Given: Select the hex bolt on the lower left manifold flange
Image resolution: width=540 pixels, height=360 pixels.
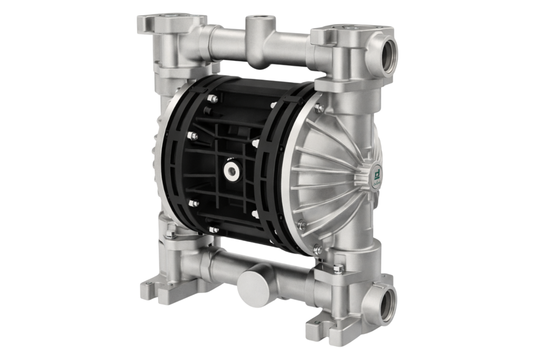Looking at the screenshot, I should pyautogui.click(x=170, y=232).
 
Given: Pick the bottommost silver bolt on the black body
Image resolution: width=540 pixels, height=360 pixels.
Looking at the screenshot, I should pyautogui.click(x=214, y=230).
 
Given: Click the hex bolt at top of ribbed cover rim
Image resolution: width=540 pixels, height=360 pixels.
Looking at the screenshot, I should pyautogui.click(x=319, y=108).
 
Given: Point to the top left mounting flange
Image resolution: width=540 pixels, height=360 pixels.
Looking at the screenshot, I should pyautogui.click(x=163, y=24).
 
